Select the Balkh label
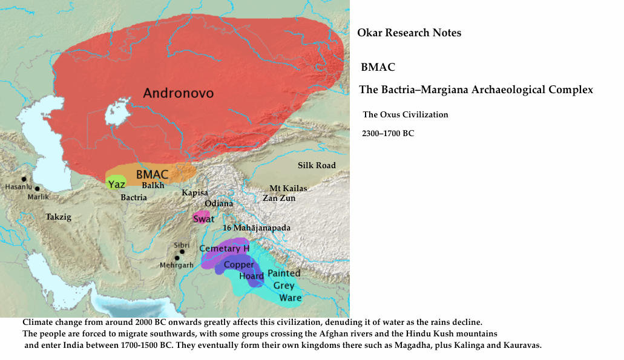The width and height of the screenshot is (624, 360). pos(153,185)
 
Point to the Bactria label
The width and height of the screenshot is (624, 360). pos(134,197)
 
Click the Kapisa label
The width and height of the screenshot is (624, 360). pos(195,192)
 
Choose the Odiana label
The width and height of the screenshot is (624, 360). pos(218,203)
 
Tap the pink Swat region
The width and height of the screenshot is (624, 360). pos(202,218)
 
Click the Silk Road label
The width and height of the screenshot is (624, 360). pos(316,165)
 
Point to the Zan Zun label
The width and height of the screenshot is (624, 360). pos(278,198)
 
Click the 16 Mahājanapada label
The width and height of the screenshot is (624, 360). pos(257,228)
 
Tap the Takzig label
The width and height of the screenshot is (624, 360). pos(58,217)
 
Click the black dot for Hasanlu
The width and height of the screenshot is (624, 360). pos(24,178)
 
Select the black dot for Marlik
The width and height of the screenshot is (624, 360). pos(38,189)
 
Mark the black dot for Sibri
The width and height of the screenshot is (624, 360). pos(182,252)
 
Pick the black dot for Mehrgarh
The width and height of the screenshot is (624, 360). pos(177,258)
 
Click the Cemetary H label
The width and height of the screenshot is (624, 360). pos(224,248)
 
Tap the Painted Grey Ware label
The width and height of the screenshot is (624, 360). pos(284,286)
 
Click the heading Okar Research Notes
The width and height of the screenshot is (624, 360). pos(409,33)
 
